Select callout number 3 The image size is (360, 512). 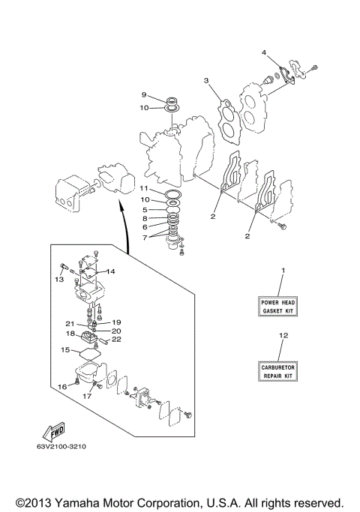point(205,81)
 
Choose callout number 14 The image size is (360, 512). point(110,271)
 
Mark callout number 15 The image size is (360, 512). point(65,350)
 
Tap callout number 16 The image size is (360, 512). point(63,386)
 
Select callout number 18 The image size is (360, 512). point(70,334)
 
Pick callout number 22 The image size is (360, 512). point(116,340)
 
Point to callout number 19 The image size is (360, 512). point(116,322)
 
